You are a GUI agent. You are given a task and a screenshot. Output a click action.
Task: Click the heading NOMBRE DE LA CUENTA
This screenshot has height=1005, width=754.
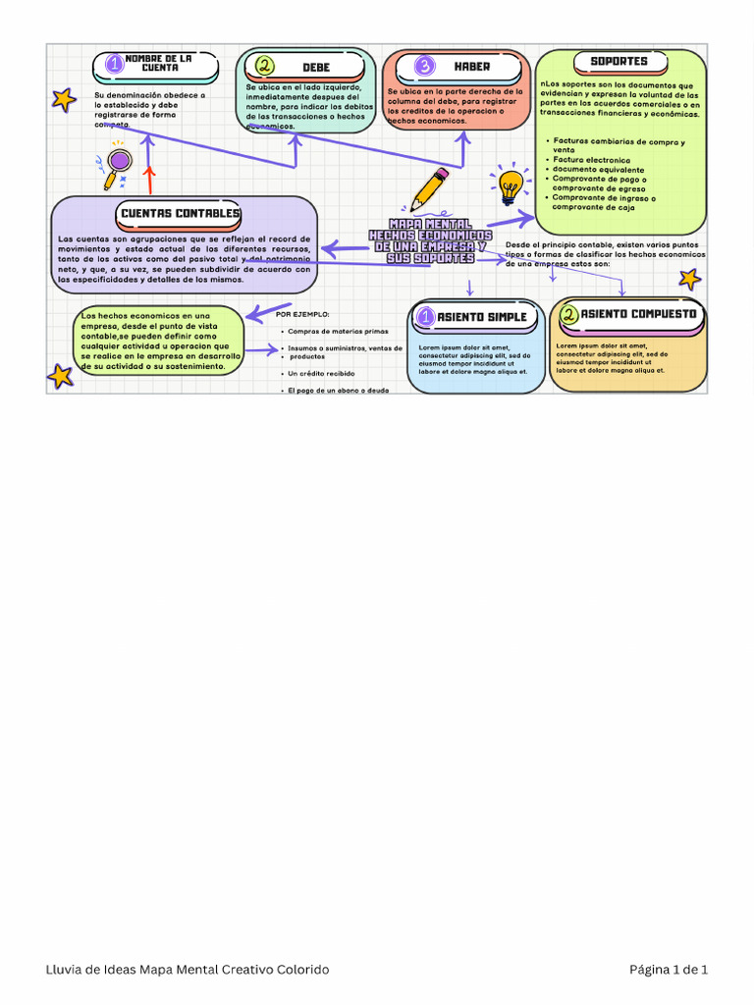158,64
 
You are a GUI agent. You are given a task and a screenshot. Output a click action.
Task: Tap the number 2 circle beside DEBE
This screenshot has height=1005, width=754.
264,67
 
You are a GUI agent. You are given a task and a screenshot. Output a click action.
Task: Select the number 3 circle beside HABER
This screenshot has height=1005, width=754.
424,66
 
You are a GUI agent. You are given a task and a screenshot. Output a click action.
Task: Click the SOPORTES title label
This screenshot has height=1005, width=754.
619,61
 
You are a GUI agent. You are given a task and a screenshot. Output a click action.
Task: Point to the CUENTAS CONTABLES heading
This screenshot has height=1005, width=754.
180,213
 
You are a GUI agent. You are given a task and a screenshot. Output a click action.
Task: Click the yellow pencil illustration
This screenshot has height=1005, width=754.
429,190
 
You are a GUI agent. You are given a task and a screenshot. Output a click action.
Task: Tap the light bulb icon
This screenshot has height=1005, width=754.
510,185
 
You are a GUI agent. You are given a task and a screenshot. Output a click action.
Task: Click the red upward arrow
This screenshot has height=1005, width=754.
149,180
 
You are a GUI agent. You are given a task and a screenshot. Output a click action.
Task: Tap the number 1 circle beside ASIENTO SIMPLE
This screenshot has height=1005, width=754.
426,317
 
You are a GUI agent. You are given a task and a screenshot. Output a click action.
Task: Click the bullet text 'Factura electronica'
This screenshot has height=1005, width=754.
591,159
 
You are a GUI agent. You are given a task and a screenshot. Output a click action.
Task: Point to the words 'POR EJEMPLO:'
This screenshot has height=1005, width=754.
302,315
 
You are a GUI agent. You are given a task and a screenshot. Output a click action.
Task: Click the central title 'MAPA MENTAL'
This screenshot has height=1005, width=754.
429,225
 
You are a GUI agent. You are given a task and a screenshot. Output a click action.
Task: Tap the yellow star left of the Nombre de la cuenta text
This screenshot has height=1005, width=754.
64,99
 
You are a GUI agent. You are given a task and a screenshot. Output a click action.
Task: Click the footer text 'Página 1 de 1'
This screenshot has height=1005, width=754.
668,970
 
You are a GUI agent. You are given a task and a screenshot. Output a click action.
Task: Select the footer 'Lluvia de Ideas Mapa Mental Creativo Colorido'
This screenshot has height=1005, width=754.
188,970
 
